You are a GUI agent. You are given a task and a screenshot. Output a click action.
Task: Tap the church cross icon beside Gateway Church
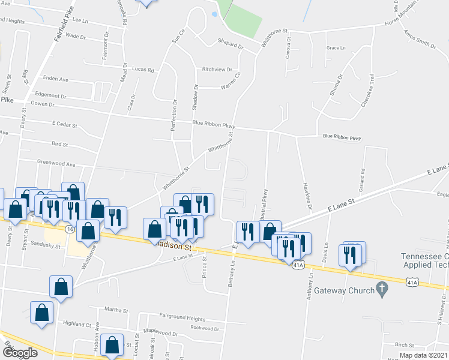point(381,290)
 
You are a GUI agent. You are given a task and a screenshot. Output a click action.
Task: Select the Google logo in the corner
point(20,353)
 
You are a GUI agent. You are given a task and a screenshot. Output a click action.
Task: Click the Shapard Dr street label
point(230,46)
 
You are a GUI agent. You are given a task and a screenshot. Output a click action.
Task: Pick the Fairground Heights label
point(182,317)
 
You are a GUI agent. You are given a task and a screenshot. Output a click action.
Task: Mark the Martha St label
point(116,310)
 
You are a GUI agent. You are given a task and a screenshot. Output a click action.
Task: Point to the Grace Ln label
point(336,48)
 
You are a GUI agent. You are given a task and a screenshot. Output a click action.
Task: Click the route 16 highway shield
point(70,230)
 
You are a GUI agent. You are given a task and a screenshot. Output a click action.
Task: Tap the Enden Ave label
point(56,79)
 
